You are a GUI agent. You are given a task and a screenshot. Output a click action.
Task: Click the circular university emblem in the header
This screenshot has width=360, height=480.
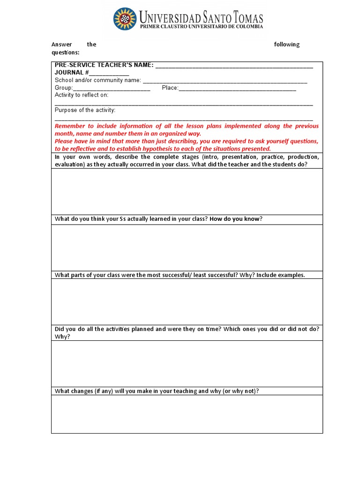[125, 19]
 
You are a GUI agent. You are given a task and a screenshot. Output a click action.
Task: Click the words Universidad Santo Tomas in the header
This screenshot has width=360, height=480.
[201, 18]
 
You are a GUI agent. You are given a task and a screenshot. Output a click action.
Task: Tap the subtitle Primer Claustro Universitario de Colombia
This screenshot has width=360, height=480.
[201, 27]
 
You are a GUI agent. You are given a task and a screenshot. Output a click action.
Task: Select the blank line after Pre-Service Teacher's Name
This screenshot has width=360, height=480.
[234, 66]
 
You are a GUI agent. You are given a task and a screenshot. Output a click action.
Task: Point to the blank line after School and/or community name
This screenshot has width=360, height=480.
[225, 81]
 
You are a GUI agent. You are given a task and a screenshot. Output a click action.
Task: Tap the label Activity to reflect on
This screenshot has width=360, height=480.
[82, 95]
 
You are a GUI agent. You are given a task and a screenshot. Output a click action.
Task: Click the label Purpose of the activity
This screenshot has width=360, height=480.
[85, 110]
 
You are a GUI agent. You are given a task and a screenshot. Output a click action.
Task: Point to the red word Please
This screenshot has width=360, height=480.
[64, 141]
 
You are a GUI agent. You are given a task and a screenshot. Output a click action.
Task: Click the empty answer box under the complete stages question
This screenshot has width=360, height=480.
[187, 191]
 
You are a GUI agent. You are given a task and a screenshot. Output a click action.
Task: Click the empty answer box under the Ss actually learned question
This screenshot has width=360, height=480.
[187, 247]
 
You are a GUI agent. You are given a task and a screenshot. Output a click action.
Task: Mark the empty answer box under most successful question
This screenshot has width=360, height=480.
[187, 301]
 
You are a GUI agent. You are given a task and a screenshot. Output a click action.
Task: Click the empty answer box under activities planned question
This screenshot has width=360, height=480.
[187, 363]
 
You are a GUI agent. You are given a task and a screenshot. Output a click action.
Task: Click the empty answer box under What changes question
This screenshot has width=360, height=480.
[187, 414]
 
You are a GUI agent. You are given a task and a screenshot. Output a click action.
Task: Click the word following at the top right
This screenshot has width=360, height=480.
[286, 45]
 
